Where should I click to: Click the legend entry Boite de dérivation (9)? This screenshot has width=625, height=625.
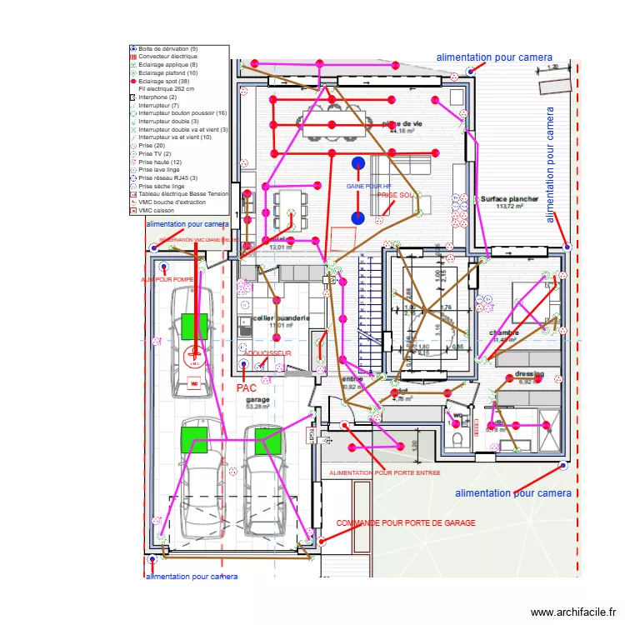coord(167,49)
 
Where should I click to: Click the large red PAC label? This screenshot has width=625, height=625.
coord(247,388)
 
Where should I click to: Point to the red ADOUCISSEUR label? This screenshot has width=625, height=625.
coord(267,353)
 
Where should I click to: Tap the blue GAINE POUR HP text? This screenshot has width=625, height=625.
coord(369,186)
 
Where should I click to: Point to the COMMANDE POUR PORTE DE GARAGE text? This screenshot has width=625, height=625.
coord(406,523)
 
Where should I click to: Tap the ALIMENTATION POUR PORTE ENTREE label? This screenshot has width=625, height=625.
coord(384,472)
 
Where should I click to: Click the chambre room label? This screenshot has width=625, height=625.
coord(503,332)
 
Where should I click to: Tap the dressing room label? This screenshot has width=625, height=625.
coord(529,374)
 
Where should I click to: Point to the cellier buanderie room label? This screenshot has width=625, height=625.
coord(282,317)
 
